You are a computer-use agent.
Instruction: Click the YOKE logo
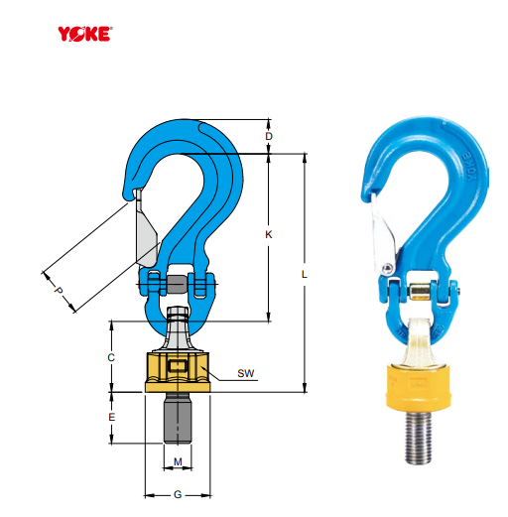click(x=85, y=32)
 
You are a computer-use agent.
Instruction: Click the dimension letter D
click(x=269, y=136)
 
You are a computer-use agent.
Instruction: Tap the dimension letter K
click(x=269, y=235)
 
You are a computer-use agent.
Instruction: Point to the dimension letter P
click(x=58, y=293)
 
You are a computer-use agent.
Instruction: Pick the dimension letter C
click(x=112, y=356)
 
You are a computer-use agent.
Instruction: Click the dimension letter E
click(x=112, y=417)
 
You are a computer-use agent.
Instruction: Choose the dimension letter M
click(x=178, y=461)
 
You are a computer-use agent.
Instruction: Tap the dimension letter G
click(x=178, y=493)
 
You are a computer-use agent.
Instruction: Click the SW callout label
click(x=246, y=374)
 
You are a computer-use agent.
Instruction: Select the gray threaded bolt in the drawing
click(x=178, y=418)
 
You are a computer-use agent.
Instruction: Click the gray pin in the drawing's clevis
click(x=178, y=285)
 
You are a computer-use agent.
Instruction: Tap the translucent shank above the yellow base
click(x=419, y=342)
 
